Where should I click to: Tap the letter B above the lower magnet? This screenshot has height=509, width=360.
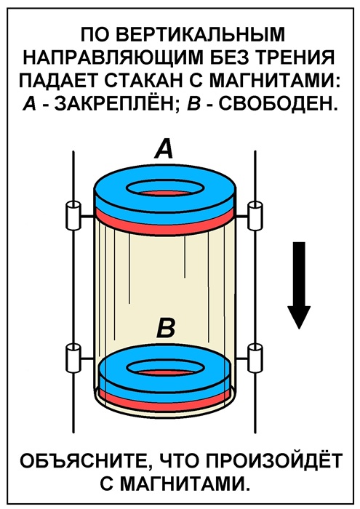166,328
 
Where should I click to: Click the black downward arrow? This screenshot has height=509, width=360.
299,285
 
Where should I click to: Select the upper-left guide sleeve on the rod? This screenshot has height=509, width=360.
73,215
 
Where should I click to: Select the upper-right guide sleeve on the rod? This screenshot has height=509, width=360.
255,215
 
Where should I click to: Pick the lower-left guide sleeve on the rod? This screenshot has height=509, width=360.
73,358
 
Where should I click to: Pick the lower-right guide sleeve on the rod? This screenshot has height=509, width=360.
255,358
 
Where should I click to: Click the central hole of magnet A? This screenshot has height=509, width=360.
165,190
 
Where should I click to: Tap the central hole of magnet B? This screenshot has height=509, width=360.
166,369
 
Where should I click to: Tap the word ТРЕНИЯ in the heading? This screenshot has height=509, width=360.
295,57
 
